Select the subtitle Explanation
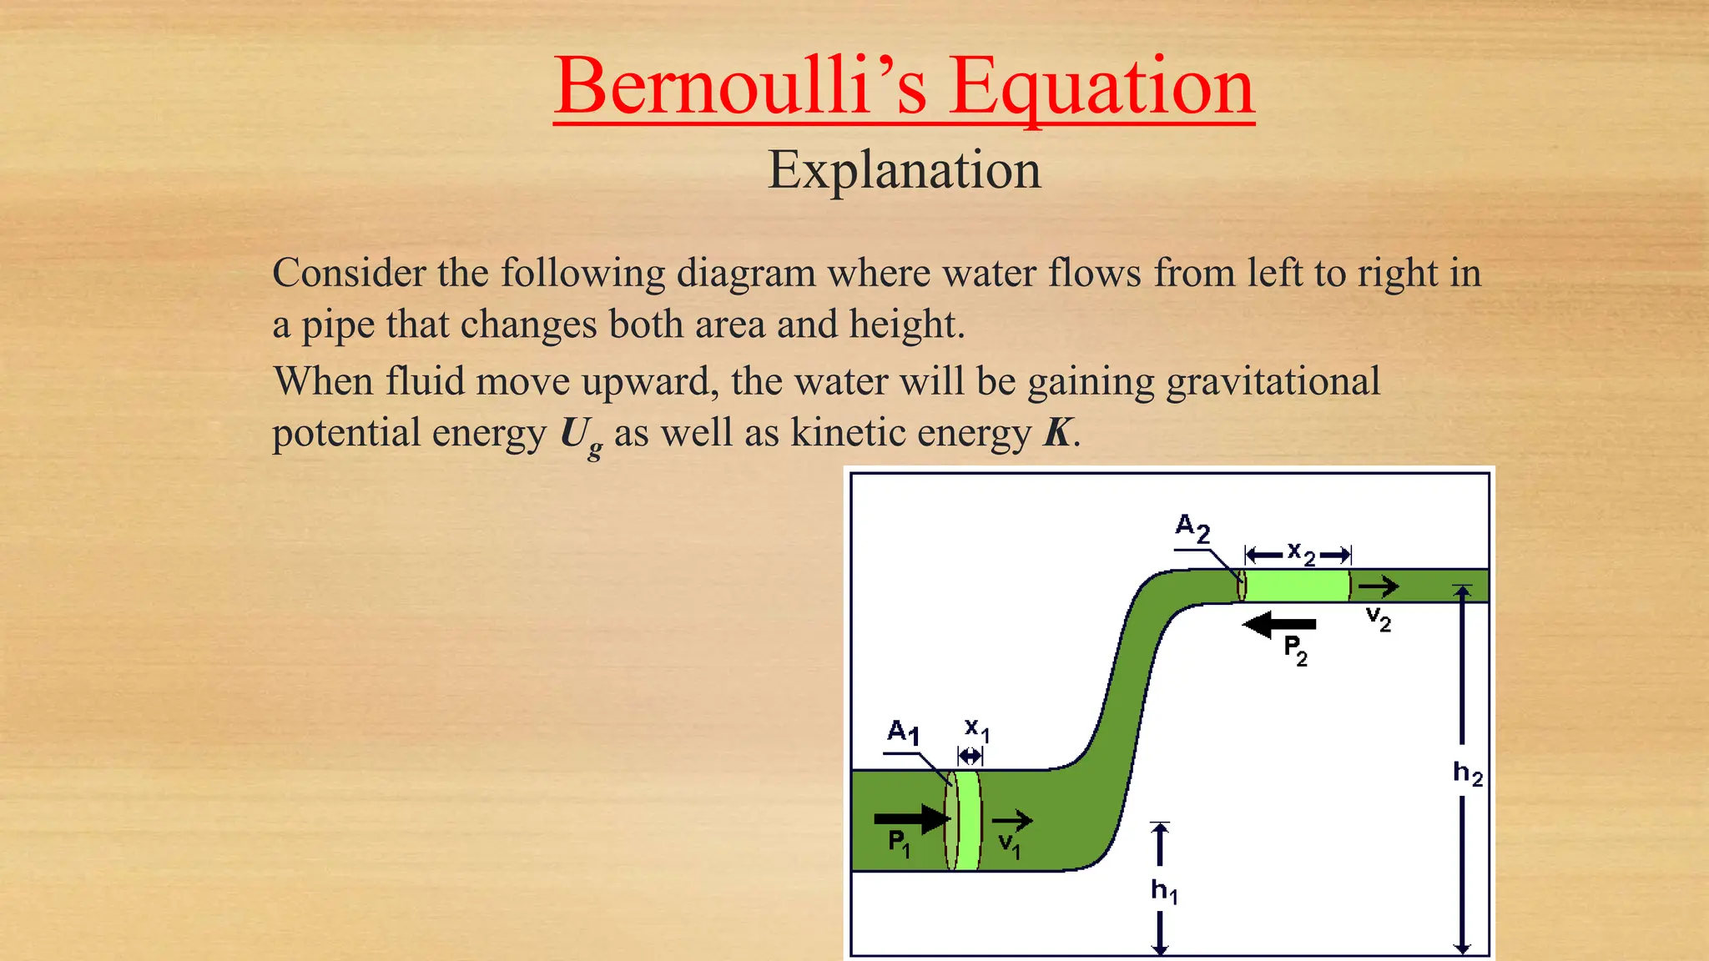coord(904,170)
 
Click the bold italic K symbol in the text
coord(1057,433)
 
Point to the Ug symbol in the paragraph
coord(580,435)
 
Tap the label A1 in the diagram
coord(903,732)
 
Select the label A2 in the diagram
coord(1192,527)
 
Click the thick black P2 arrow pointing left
coord(1278,624)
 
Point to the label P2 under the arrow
coord(1295,650)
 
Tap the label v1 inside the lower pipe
coord(1009,846)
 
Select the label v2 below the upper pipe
coord(1378,619)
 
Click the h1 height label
coord(1163,891)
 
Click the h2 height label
coord(1467,772)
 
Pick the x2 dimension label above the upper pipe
coord(1300,552)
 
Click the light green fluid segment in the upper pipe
coord(1297,586)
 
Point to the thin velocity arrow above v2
coord(1378,586)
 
